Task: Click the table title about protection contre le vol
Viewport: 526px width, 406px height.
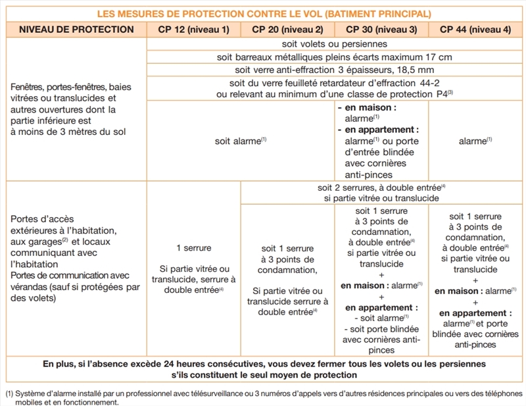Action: click(264, 13)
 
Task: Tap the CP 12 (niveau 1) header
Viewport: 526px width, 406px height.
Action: click(194, 30)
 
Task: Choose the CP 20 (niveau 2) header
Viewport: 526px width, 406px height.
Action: click(288, 30)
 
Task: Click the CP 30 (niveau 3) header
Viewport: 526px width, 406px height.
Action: click(381, 30)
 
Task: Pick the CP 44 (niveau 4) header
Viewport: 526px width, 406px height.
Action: click(475, 30)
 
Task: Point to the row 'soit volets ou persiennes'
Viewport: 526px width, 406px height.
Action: click(334, 44)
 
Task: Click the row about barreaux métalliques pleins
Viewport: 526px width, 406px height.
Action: click(334, 57)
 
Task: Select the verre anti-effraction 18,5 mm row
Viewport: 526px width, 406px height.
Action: click(334, 70)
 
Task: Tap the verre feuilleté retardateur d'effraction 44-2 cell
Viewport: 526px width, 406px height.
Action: click(334, 89)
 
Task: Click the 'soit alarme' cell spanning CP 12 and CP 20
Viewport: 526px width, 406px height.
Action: click(241, 140)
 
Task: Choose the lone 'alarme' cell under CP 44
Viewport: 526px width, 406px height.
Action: click(475, 140)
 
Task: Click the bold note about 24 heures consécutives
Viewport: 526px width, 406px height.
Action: click(264, 368)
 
